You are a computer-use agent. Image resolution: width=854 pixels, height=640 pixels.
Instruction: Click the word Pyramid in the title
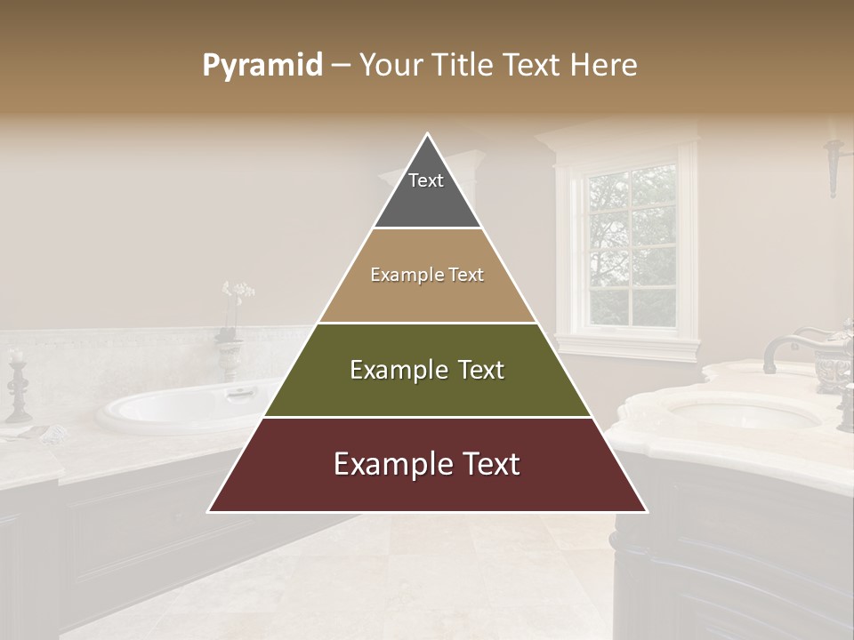(262, 65)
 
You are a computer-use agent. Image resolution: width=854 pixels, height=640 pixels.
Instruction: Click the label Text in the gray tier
(425, 180)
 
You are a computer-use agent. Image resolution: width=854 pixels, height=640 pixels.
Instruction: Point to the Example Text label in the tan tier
(427, 275)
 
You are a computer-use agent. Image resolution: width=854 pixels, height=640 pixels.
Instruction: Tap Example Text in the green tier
(427, 370)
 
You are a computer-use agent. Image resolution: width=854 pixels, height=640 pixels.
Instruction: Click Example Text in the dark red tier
(427, 464)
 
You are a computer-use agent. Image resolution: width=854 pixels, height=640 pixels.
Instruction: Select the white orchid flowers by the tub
(238, 292)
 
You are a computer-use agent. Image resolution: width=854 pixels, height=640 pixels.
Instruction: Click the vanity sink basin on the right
(743, 412)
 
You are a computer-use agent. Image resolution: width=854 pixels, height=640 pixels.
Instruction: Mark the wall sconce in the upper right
(834, 164)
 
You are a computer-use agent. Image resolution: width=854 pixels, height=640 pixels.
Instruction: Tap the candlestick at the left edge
(17, 386)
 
